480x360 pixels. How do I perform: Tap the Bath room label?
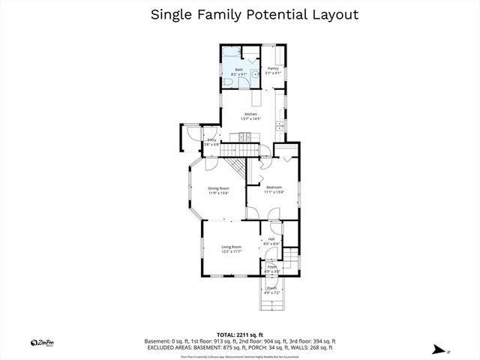pyautogui.click(x=238, y=70)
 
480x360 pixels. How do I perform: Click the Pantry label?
pyautogui.click(x=274, y=68)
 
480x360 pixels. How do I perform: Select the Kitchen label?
pyautogui.click(x=250, y=114)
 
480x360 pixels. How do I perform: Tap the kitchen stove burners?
pyautogui.click(x=244, y=137)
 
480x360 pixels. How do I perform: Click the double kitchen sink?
pyautogui.click(x=278, y=123)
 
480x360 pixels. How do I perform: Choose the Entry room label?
pyautogui.click(x=211, y=140)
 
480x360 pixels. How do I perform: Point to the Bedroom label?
pyautogui.click(x=274, y=187)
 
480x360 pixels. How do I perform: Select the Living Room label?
pyautogui.click(x=231, y=247)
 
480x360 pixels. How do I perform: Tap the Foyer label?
pyautogui.click(x=271, y=267)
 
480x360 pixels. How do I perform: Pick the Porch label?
pyautogui.click(x=271, y=288)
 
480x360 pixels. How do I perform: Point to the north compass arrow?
pyautogui.click(x=437, y=349)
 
